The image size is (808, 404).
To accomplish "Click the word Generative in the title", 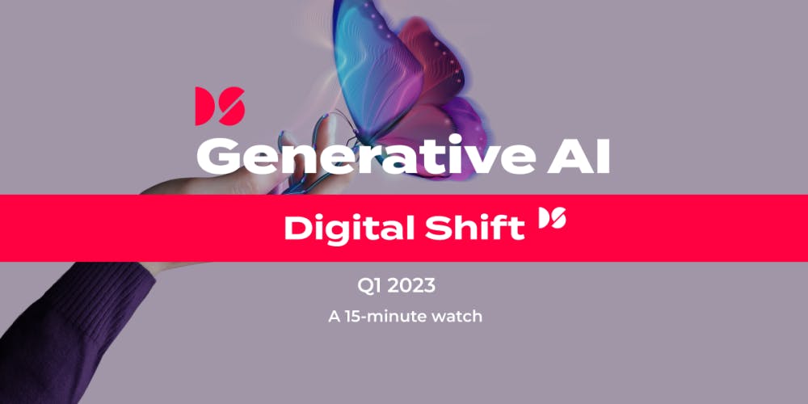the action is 366,156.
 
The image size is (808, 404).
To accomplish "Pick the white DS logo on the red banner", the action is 553,217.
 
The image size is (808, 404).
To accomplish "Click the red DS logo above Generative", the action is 220,106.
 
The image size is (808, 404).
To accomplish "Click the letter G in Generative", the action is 217,156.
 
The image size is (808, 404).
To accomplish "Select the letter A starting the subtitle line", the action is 335,316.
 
